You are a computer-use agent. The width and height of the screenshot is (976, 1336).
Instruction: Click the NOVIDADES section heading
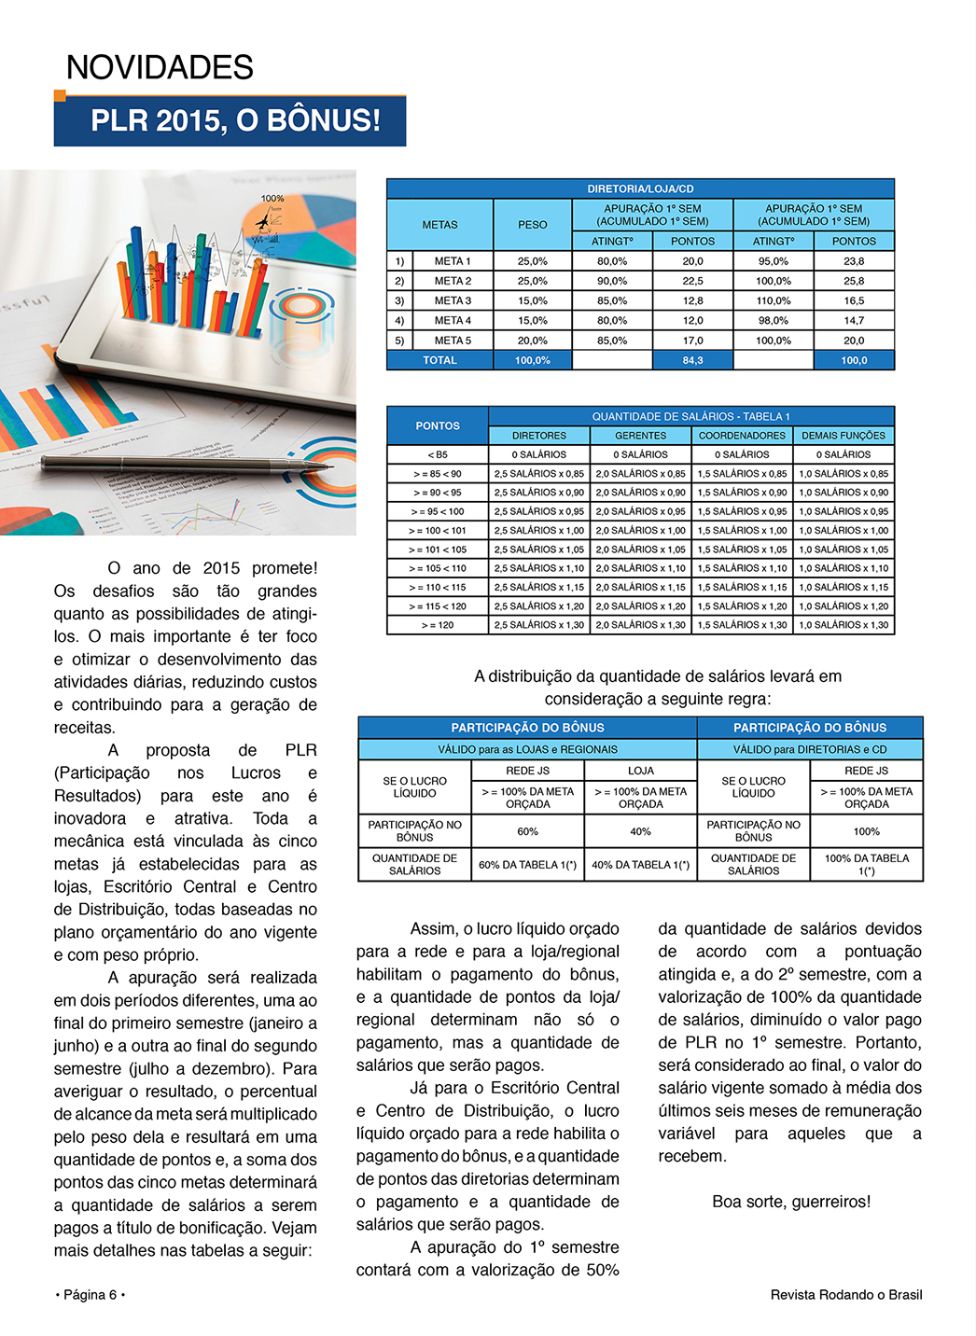pyautogui.click(x=160, y=68)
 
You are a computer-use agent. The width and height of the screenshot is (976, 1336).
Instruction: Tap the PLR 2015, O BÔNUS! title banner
pyautogui.click(x=235, y=121)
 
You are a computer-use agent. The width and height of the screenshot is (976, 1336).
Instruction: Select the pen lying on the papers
pyautogui.click(x=187, y=462)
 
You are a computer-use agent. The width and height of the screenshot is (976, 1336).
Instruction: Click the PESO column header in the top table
pyautogui.click(x=532, y=225)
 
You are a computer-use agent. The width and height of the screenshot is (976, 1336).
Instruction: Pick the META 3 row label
pyautogui.click(x=453, y=300)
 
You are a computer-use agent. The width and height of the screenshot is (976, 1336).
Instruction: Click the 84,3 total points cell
pyautogui.click(x=692, y=360)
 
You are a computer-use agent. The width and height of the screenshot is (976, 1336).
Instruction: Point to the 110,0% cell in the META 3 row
pyautogui.click(x=773, y=300)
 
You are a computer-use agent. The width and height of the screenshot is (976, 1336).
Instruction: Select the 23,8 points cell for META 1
pyautogui.click(x=853, y=261)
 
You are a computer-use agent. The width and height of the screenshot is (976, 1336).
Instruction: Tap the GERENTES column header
pyautogui.click(x=640, y=436)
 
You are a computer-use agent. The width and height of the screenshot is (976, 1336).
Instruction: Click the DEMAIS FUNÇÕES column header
pyautogui.click(x=844, y=436)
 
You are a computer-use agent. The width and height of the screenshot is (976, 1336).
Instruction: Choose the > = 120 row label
pyautogui.click(x=438, y=625)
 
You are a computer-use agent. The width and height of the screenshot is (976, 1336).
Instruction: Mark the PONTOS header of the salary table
pyautogui.click(x=438, y=425)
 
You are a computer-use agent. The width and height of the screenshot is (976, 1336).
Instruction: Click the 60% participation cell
pyautogui.click(x=527, y=831)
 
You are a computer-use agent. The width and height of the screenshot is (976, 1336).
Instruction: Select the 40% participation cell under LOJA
pyautogui.click(x=640, y=831)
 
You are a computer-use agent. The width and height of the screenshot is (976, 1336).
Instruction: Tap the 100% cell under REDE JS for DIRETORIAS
pyautogui.click(x=866, y=831)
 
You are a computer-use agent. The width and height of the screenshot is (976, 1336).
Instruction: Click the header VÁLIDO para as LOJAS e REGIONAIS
pyautogui.click(x=527, y=749)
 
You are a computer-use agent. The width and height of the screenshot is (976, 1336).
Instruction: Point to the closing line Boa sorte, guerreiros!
pyautogui.click(x=790, y=1202)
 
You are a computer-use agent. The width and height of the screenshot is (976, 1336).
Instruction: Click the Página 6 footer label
pyautogui.click(x=91, y=1295)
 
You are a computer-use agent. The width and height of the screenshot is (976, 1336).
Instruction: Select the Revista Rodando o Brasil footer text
pyautogui.click(x=845, y=1295)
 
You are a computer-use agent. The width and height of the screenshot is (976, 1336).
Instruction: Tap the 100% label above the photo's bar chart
pyautogui.click(x=272, y=199)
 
